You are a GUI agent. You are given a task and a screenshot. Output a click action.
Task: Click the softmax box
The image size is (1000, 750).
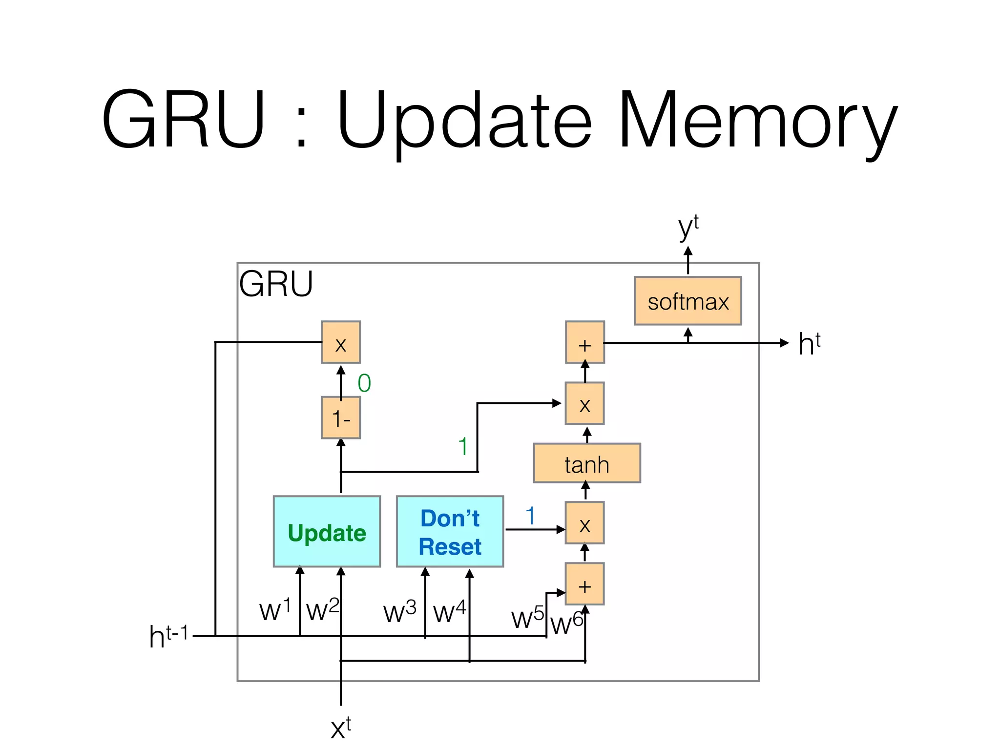click(687, 301)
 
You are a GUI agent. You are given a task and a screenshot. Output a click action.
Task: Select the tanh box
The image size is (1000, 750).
click(586, 463)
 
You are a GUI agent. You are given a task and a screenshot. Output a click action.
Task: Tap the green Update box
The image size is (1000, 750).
click(327, 532)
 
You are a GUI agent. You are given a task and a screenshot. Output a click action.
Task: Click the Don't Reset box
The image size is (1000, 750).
click(450, 532)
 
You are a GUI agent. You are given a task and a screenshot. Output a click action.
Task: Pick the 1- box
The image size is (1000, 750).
click(341, 418)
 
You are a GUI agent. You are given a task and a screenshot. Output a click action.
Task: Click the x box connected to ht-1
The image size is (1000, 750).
click(341, 343)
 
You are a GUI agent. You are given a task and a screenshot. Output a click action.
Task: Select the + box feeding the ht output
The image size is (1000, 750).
click(584, 343)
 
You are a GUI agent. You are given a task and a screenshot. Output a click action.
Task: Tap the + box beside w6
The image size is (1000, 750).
click(584, 584)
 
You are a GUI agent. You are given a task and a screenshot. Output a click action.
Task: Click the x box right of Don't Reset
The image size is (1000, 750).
click(584, 523)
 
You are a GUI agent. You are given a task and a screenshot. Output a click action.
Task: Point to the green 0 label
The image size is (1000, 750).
click(364, 383)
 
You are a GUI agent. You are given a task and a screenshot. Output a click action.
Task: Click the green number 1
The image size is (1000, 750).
click(463, 446)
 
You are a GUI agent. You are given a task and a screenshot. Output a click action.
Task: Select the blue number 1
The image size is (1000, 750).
click(530, 516)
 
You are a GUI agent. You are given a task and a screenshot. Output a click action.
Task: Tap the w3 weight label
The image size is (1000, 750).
click(399, 612)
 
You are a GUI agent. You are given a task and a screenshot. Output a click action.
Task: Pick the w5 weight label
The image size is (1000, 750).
click(527, 618)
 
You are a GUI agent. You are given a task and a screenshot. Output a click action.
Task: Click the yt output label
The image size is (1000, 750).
click(688, 227)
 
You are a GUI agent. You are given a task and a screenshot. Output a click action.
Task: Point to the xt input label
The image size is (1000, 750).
click(340, 728)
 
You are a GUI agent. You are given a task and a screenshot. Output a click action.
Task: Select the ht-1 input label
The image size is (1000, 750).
click(168, 637)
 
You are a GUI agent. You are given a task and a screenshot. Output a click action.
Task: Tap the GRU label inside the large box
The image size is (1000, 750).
click(276, 284)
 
